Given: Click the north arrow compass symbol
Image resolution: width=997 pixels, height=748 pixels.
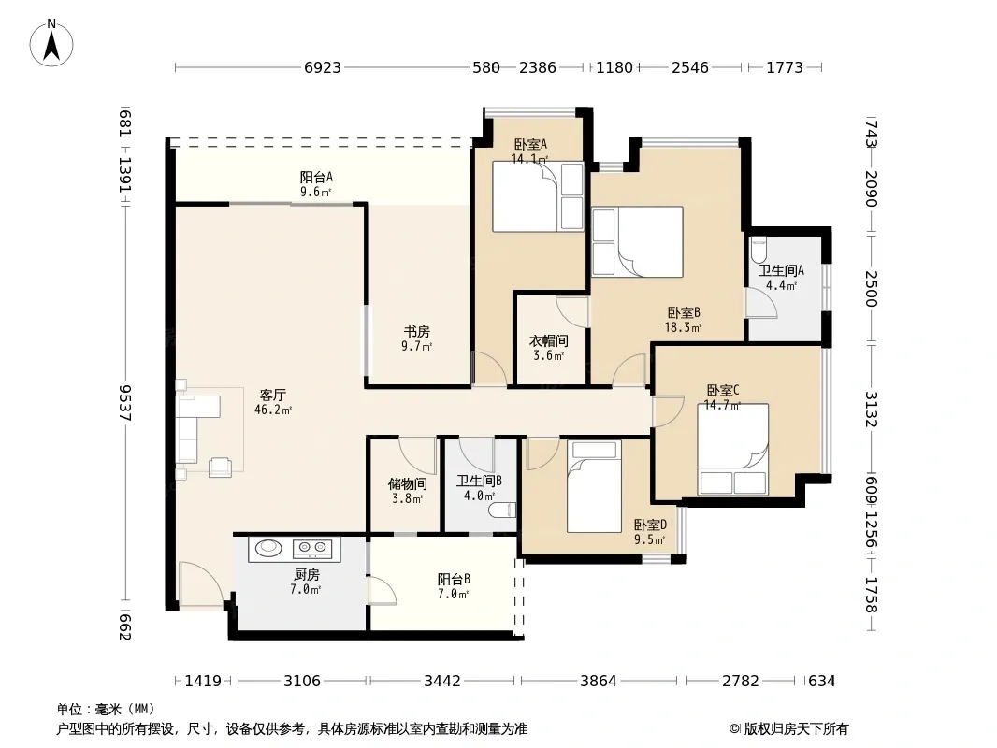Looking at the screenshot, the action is tap(51, 43).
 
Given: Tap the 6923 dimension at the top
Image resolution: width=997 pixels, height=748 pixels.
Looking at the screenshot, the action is tap(323, 67).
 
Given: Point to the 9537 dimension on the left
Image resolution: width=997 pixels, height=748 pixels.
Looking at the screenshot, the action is tap(124, 402).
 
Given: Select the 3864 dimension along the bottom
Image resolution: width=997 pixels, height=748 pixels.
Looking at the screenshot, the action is tap(599, 682).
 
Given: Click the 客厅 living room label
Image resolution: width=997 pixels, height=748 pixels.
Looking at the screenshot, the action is tap(273, 396).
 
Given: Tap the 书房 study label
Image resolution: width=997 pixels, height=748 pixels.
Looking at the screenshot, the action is tap(417, 332).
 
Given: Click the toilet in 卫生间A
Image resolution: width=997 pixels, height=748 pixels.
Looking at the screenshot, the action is tap(759, 250).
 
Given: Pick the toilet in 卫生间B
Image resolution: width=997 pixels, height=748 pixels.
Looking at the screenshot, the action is tap(502, 511).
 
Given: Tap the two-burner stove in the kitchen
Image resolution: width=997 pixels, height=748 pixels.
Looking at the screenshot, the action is tap(312, 547).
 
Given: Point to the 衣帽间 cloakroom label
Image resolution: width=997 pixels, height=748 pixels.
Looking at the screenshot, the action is tap(549, 341).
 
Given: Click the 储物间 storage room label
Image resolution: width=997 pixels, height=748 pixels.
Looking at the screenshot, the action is tap(408, 484).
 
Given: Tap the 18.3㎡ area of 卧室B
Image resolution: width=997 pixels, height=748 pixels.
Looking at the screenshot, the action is tap(683, 328).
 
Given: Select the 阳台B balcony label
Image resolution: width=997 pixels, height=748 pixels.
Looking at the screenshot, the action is tap(454, 580).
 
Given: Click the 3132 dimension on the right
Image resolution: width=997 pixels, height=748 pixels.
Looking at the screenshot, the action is tap(871, 410).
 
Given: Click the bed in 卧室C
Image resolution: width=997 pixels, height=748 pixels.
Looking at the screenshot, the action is tap(733, 450).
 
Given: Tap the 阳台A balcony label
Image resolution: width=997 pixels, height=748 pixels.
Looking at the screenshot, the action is tap(317, 178).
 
